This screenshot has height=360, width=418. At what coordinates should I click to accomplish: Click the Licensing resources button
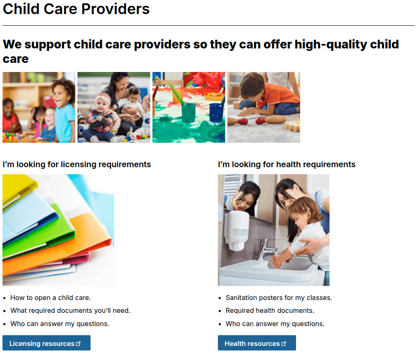coord(46,343)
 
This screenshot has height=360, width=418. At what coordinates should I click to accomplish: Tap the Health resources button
coord(257,343)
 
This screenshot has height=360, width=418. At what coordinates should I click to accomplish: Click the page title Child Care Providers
coord(76,9)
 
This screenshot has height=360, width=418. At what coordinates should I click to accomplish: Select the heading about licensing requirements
coord(77,164)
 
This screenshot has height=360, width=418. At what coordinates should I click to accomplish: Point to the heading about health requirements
coord(287,164)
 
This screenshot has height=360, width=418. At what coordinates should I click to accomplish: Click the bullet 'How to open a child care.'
coord(50,298)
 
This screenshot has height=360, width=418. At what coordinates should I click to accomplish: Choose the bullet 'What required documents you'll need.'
coord(70,310)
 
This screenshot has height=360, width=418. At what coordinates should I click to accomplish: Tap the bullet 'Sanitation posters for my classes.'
coord(279,298)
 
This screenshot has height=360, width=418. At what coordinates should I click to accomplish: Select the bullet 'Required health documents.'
coord(270,310)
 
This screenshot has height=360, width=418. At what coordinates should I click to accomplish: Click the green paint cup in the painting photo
coord(189,112)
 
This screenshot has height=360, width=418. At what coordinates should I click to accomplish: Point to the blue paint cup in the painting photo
coord(216,112)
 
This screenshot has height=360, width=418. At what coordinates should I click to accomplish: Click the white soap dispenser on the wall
coord(236,230)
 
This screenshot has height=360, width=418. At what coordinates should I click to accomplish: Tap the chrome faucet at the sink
coord(267,247)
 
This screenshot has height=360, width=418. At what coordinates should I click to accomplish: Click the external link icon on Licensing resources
coord(79,343)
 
